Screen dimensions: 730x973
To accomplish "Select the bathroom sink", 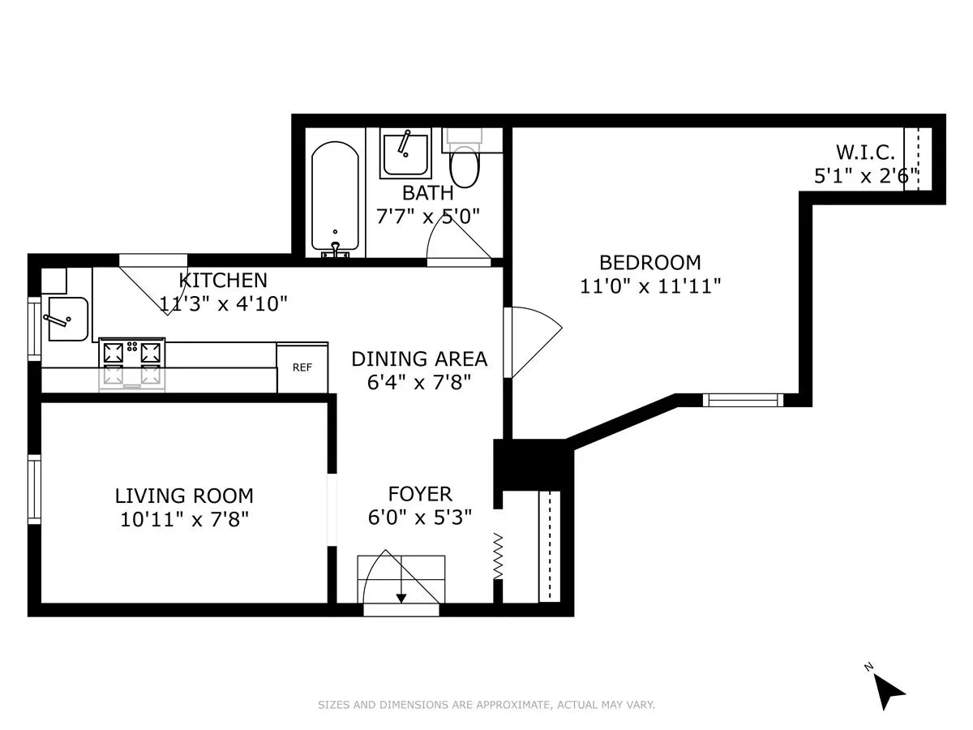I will [x=406, y=154].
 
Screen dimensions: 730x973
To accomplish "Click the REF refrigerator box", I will [x=302, y=367].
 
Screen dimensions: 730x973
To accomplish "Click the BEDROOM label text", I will [x=649, y=263].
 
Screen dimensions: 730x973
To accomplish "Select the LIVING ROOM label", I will [x=184, y=496].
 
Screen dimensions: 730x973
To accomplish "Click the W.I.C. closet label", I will [x=865, y=152].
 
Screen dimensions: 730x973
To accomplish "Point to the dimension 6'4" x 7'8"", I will [x=418, y=382].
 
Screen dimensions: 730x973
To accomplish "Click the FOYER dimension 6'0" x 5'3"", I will [x=419, y=517].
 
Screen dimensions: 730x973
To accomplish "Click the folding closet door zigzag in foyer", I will [x=499, y=556].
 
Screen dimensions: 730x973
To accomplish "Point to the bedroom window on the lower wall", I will [x=742, y=399].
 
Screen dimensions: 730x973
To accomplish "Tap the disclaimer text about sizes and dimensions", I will [x=486, y=705].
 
